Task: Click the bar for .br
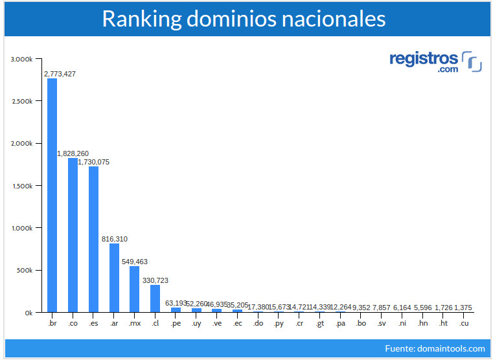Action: [x=52, y=194]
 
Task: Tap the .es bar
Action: [x=93, y=239]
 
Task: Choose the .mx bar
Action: [x=135, y=289]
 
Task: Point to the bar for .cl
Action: [x=155, y=298]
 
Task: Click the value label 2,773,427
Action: [x=60, y=74]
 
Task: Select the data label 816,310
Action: [x=115, y=239]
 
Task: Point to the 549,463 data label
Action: [x=135, y=262]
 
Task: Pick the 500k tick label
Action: [x=25, y=270]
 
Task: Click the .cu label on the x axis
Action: [x=463, y=322]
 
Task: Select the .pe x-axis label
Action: [x=176, y=322]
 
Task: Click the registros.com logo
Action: [x=435, y=62]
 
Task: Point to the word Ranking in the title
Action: [x=140, y=19]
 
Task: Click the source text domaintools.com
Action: [x=452, y=348]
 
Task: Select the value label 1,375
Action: [x=464, y=307]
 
